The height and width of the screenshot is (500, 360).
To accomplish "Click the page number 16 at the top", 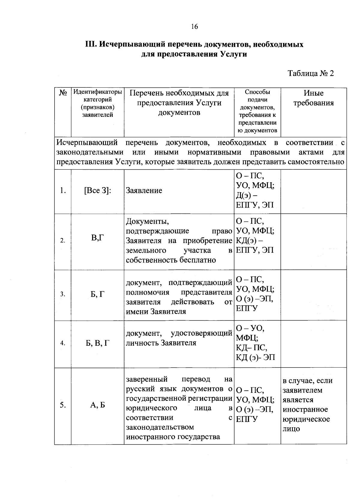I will pyautogui.click(x=194, y=27).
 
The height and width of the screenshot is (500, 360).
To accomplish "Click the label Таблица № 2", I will pyautogui.click(x=310, y=74).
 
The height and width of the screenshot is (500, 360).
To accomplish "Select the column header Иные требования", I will pyautogui.click(x=313, y=98).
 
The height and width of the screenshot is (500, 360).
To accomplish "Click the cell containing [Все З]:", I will pyautogui.click(x=98, y=191).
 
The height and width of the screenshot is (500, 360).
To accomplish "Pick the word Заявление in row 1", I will pyautogui.click(x=144, y=191).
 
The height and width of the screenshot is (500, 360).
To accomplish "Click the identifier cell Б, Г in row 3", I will pyautogui.click(x=98, y=294).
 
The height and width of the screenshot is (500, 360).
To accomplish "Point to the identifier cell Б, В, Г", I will pyautogui.click(x=98, y=343).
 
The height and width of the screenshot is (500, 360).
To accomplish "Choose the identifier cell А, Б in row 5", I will pyautogui.click(x=98, y=405).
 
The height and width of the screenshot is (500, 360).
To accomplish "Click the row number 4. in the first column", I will pyautogui.click(x=63, y=343).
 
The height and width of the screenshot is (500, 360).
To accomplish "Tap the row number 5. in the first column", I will pyautogui.click(x=63, y=405).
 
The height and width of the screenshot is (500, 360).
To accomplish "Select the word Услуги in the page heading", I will pyautogui.click(x=234, y=54).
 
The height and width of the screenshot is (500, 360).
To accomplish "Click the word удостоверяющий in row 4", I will pyautogui.click(x=201, y=333).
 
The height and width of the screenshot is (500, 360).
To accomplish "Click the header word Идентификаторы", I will pyautogui.click(x=98, y=92).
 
